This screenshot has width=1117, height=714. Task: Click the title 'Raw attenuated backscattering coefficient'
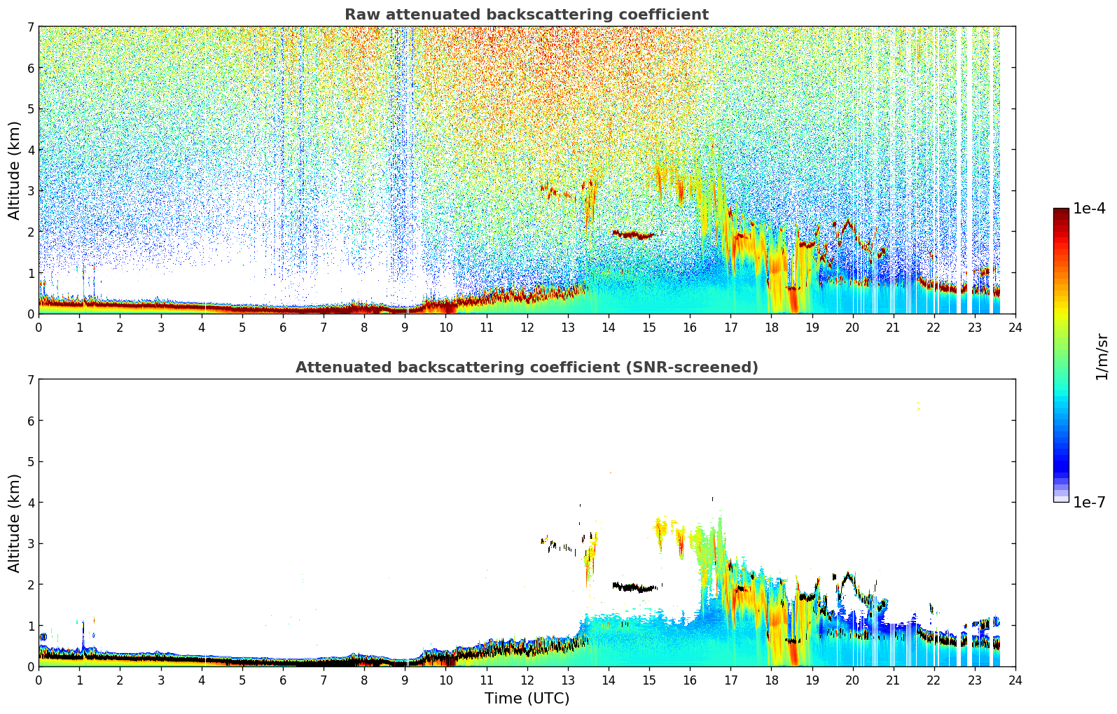coord(526,15)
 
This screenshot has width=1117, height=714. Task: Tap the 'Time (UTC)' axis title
coord(527,698)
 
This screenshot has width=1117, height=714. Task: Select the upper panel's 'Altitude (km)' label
coord(15,170)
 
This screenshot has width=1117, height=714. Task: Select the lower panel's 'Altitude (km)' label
coord(15,523)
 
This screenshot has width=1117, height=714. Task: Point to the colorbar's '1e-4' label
coord(1089,209)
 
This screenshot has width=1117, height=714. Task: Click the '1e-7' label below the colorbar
coord(1089,502)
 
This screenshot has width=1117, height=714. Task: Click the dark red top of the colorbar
coord(1061,212)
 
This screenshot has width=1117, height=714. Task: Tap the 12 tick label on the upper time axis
coord(527,327)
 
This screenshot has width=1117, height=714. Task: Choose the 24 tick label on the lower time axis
coord(1015,680)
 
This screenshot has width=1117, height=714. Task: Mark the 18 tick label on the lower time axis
coord(771,680)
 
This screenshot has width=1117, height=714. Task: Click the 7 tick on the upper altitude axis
coord(30,27)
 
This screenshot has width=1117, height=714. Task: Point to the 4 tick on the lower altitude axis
coord(30,503)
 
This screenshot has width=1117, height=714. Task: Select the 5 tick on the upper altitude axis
coord(30,108)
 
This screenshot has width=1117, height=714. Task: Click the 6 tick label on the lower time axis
coord(283,680)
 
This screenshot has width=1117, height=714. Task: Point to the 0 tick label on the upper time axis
coord(39,327)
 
